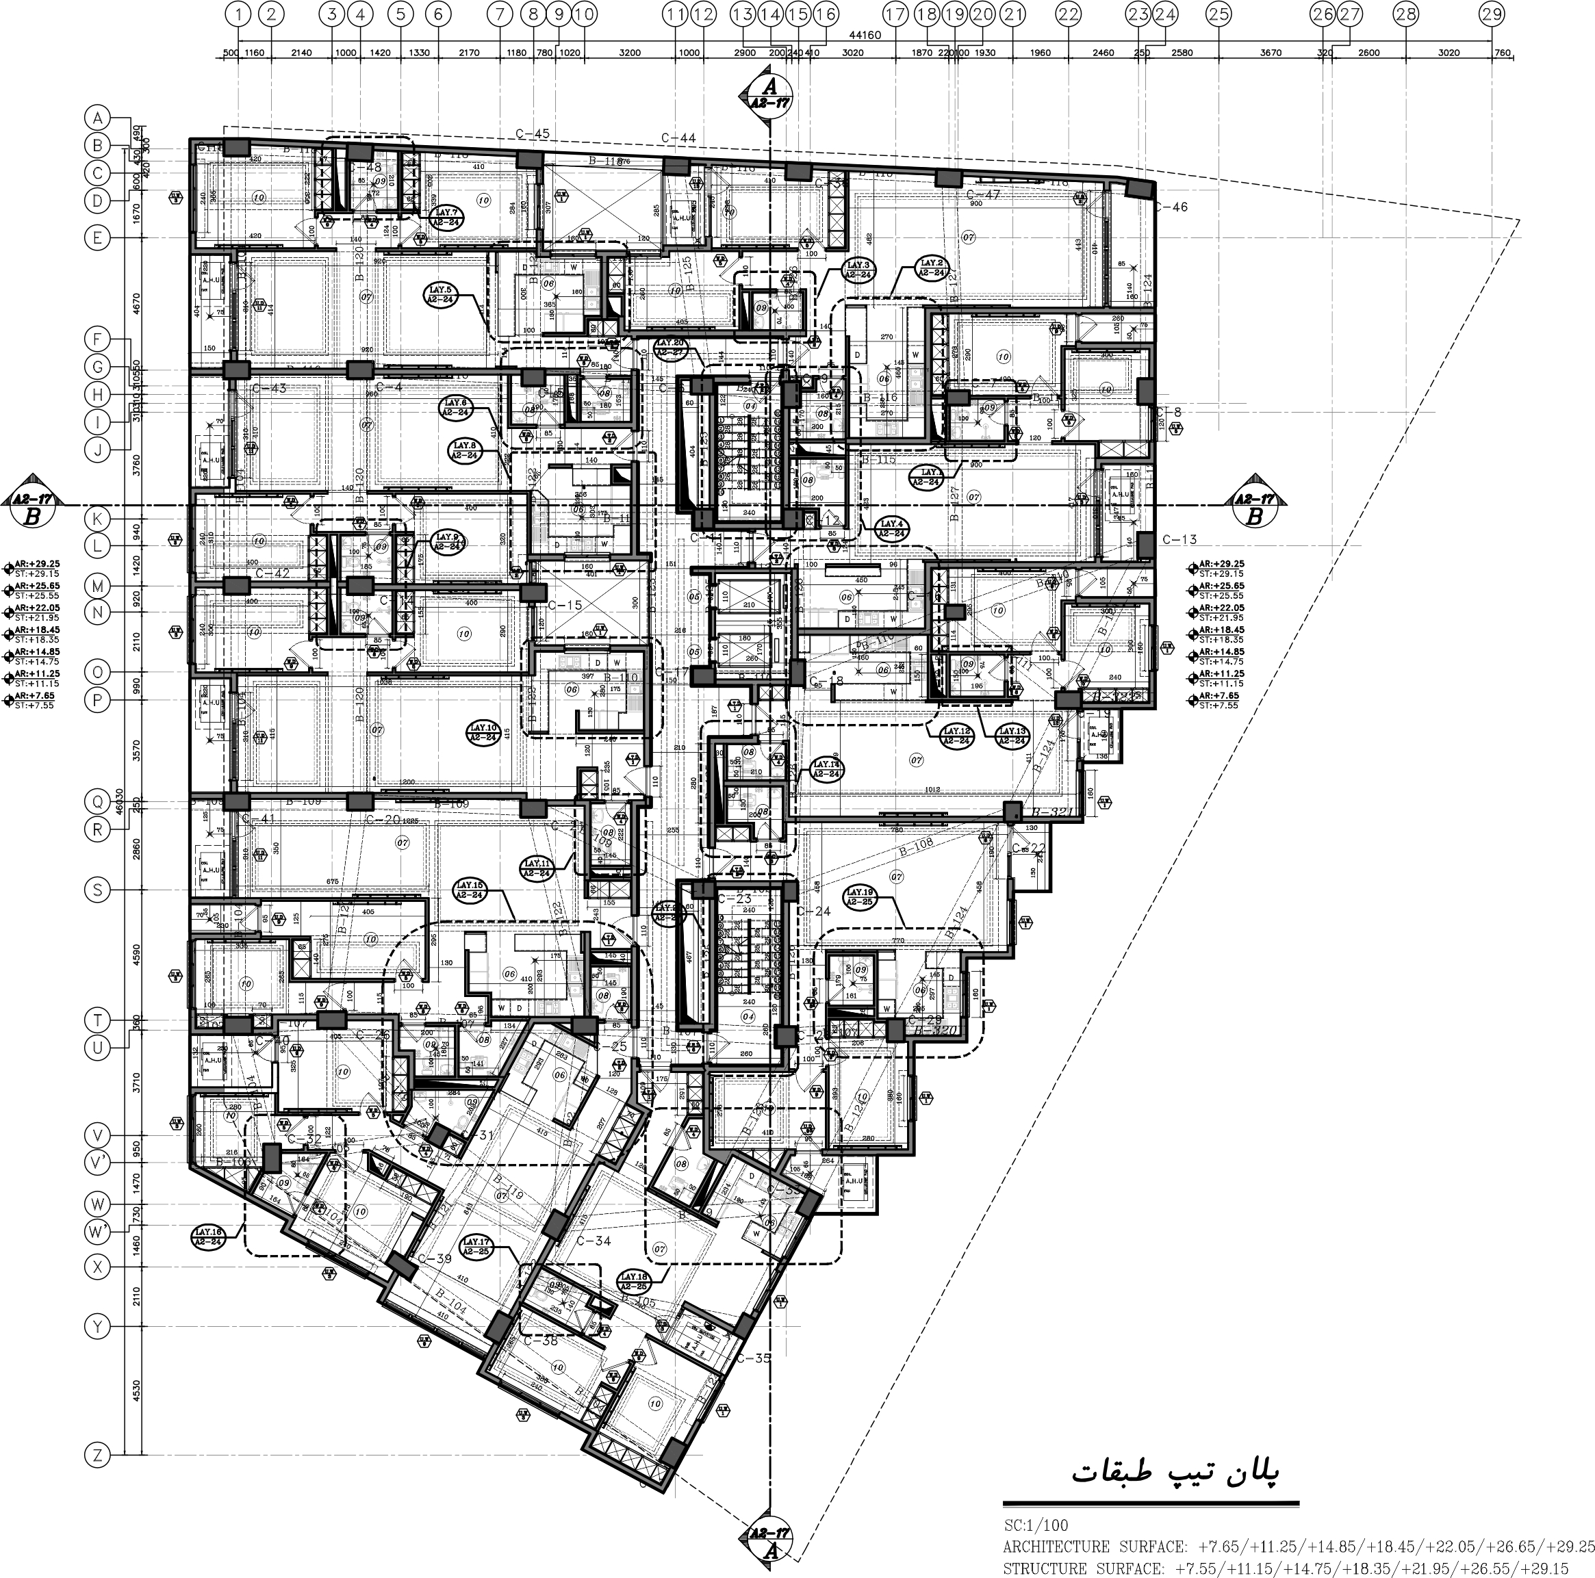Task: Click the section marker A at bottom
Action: (769, 1550)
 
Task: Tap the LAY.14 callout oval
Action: (827, 769)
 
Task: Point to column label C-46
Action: (1171, 207)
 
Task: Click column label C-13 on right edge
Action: (1179, 540)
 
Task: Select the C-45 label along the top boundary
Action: (533, 133)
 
